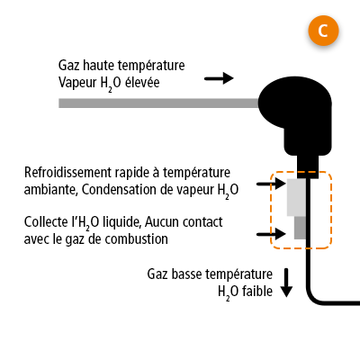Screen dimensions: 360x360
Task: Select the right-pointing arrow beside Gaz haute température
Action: pyautogui.click(x=218, y=78)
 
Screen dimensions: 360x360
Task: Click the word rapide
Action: pyautogui.click(x=139, y=173)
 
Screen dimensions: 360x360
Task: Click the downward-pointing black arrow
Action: pyautogui.click(x=287, y=283)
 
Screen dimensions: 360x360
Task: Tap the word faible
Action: pyautogui.click(x=256, y=291)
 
